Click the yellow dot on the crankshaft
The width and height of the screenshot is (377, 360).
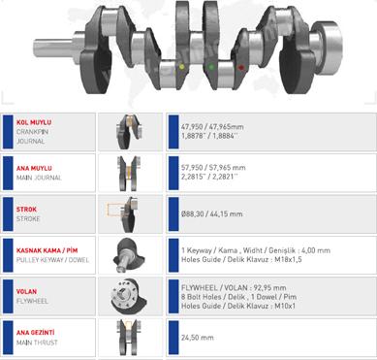coord(181,67)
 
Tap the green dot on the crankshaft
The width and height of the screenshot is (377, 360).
coord(211,67)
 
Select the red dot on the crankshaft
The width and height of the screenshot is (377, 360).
coord(240,67)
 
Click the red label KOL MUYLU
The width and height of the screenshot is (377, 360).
coord(34,122)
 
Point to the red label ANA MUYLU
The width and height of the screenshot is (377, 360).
coord(34,168)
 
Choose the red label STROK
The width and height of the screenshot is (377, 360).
coord(26,210)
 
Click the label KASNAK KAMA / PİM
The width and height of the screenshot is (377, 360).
coord(47,250)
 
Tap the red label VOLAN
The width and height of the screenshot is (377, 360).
coord(26,291)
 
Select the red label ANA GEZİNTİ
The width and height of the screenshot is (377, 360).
coord(36,333)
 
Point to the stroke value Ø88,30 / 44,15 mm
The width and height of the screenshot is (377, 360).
coord(212,213)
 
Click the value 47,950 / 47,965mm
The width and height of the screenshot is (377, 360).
coord(212,127)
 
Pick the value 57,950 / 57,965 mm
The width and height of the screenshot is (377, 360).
coord(213,168)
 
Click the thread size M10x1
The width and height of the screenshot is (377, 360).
coord(285,306)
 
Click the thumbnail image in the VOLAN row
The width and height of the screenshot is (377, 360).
coord(129,297)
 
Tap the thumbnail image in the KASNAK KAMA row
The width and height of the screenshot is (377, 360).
coord(129,255)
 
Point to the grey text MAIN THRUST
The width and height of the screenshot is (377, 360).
coord(37,343)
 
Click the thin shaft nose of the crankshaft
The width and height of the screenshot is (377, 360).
coord(53,48)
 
